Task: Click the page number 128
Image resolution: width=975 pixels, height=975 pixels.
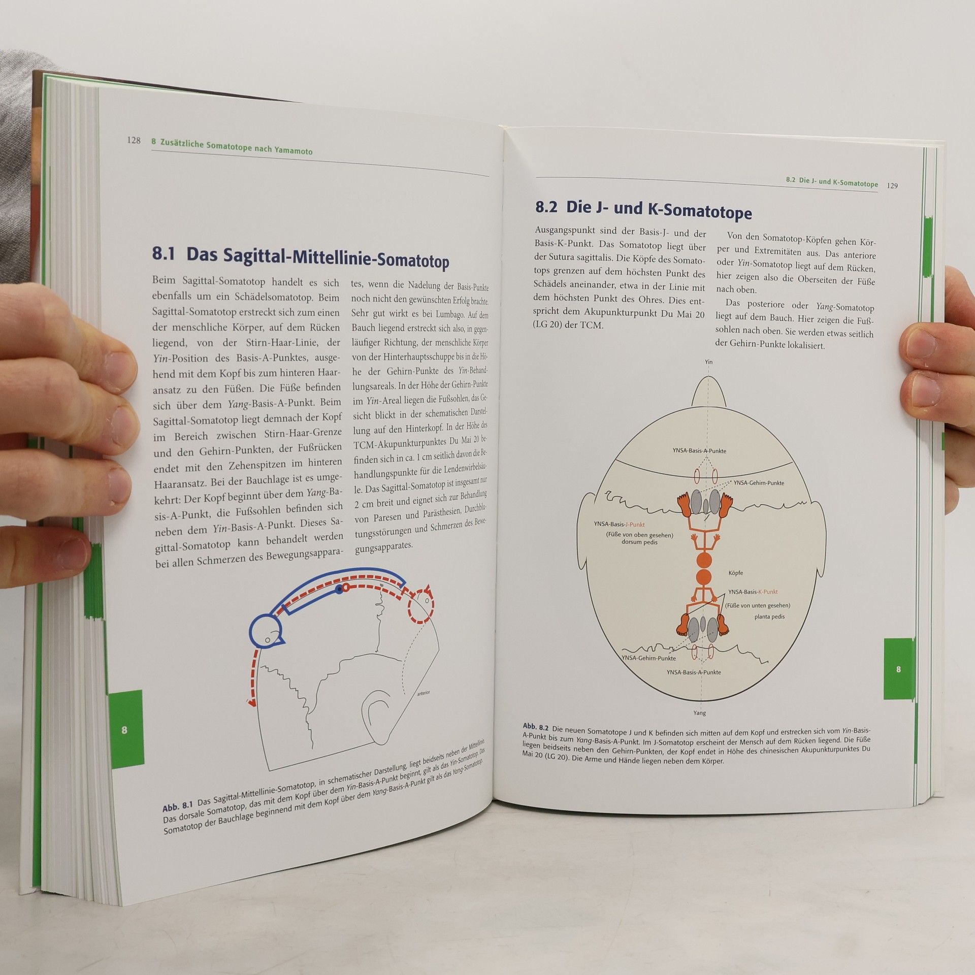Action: tap(134, 141)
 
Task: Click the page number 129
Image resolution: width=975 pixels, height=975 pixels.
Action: tap(892, 185)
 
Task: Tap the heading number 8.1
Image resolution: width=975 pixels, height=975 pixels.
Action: tap(164, 253)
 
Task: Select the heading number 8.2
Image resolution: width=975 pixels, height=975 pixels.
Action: tap(546, 207)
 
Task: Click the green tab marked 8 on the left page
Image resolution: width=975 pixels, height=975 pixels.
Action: tap(125, 729)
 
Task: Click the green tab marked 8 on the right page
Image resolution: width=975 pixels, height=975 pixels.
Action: tap(898, 669)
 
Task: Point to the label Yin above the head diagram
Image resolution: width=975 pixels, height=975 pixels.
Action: tap(709, 362)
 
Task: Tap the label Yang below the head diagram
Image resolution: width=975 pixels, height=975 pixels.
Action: tap(700, 713)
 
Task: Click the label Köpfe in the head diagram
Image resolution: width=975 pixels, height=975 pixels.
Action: tap(736, 573)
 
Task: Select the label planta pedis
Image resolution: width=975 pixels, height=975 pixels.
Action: tap(769, 616)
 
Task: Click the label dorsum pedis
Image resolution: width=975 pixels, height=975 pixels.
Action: tap(639, 542)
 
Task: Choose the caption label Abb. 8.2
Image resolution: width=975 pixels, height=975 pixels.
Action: tap(536, 727)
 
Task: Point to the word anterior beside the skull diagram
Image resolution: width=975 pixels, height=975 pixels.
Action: tap(423, 693)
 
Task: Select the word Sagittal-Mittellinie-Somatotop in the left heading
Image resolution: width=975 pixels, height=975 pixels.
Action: tap(318, 257)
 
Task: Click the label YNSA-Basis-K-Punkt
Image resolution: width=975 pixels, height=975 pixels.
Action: tap(753, 592)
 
